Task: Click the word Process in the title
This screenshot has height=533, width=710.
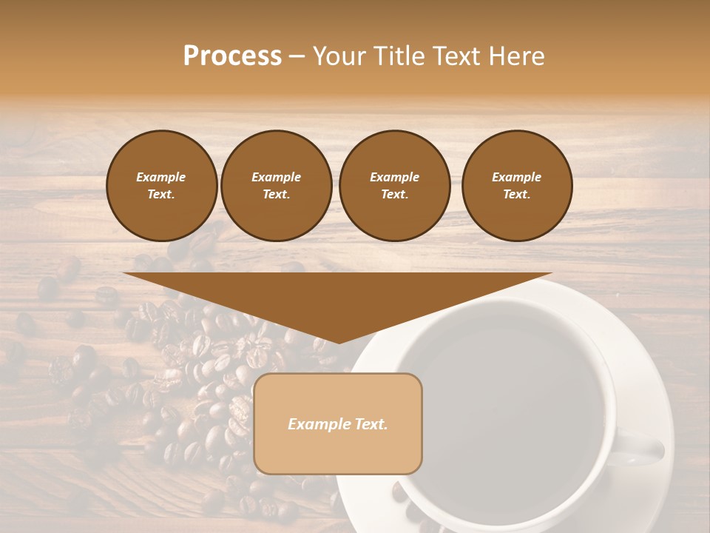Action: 232,56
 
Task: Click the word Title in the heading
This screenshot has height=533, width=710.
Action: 398,56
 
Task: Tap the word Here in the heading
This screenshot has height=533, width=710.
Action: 515,56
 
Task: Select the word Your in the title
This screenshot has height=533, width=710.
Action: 339,56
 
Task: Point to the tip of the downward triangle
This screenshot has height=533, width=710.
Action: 339,342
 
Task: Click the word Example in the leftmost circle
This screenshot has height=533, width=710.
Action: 161,177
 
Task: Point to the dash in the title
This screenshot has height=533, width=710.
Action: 297,56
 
